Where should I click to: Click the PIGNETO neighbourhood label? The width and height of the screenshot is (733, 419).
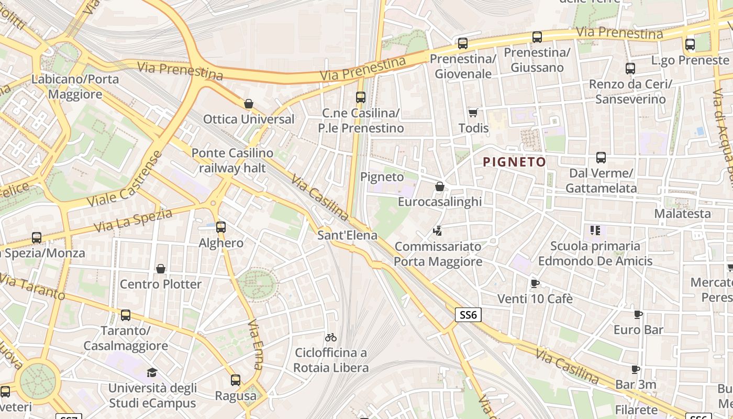[x=514, y=162]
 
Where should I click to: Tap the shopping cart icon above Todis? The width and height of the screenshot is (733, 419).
[x=473, y=113]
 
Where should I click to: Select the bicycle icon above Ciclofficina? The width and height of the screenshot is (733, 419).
[x=331, y=337]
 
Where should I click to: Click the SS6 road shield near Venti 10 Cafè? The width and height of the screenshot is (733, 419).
[x=468, y=315]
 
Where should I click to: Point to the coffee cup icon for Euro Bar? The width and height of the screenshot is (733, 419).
[x=638, y=315]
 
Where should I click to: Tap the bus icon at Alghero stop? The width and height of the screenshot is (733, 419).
[x=221, y=227]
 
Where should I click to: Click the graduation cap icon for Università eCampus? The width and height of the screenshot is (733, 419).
[x=152, y=372]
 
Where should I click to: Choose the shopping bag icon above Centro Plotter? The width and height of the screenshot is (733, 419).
[x=161, y=269]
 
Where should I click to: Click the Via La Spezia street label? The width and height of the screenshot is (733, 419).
[x=133, y=220]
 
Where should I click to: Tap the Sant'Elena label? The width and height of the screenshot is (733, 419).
[x=347, y=235]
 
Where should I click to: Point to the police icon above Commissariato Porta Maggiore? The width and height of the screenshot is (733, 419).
[x=438, y=230]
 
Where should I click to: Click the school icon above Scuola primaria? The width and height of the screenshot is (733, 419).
[x=595, y=230]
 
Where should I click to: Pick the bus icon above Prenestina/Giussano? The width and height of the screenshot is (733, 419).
[x=537, y=37]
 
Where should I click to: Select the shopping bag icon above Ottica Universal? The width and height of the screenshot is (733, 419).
[x=249, y=104]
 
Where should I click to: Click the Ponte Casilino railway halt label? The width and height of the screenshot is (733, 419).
[x=232, y=160]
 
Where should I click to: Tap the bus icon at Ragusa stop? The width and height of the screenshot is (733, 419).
[x=236, y=380]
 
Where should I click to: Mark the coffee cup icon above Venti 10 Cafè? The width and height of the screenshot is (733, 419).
[x=535, y=283]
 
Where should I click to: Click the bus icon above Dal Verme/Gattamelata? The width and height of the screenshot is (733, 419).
[x=601, y=158]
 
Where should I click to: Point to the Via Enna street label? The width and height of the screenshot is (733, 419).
[x=255, y=344]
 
